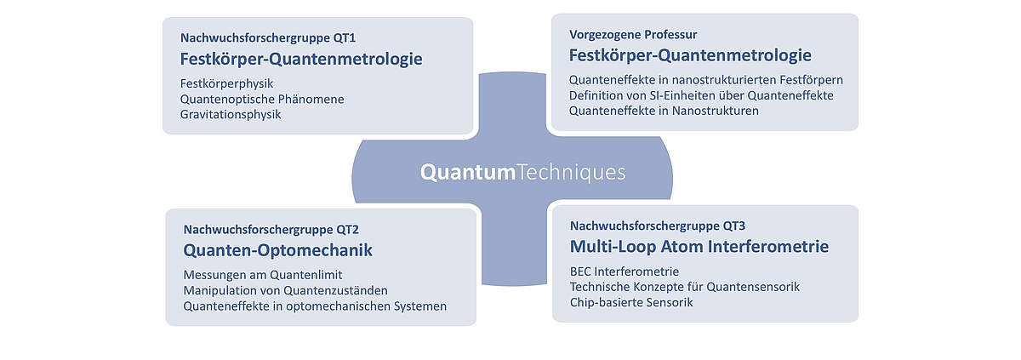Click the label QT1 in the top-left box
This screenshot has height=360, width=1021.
[344, 37]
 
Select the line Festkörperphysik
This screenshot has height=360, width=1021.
[226, 84]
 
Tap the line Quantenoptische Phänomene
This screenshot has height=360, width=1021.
[262, 100]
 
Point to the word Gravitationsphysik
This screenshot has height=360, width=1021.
[231, 115]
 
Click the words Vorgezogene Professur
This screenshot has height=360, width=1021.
[633, 35]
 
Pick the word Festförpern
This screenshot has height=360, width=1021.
[812, 81]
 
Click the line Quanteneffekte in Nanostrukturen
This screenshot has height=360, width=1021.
[664, 111]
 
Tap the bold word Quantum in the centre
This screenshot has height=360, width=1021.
[468, 173]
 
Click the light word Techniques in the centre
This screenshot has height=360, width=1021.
[571, 173]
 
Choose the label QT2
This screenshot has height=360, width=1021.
[347, 230]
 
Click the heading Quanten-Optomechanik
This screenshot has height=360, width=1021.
[277, 250]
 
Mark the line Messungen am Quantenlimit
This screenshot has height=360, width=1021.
[263, 275]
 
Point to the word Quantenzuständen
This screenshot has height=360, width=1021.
[335, 291]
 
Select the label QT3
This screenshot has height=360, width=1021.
[733, 226]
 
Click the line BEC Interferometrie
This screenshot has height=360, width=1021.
[625, 272]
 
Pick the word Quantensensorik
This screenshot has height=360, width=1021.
[753, 287]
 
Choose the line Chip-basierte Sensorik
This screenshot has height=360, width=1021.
[631, 303]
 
